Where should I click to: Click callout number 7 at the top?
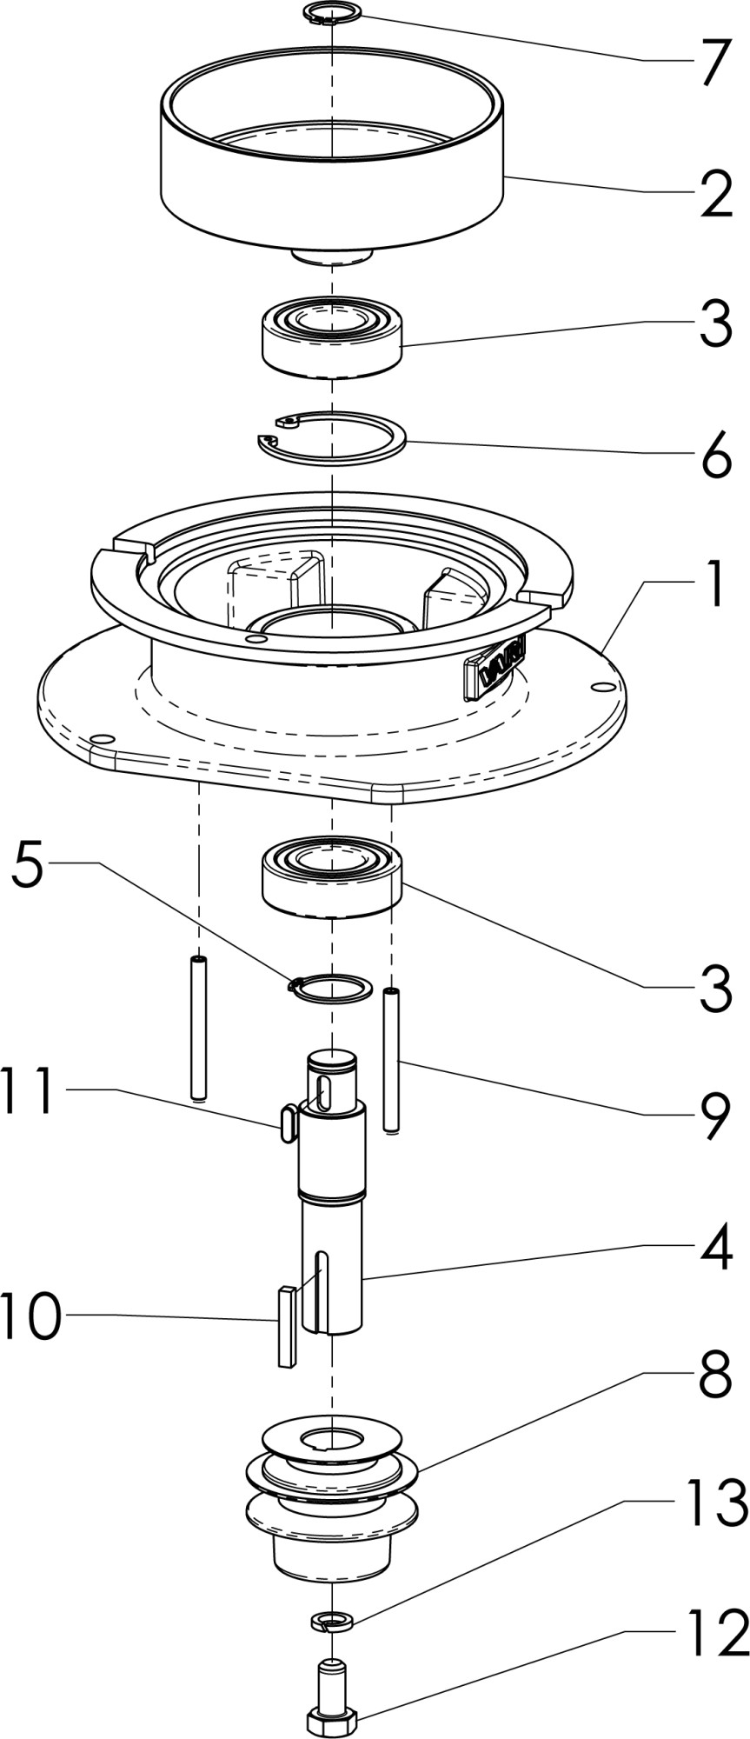(x=714, y=62)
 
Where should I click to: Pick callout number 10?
(x=33, y=1316)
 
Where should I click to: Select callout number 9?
(x=716, y=1116)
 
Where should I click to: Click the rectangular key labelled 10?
(x=286, y=1325)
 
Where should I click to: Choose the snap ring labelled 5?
(x=329, y=988)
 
